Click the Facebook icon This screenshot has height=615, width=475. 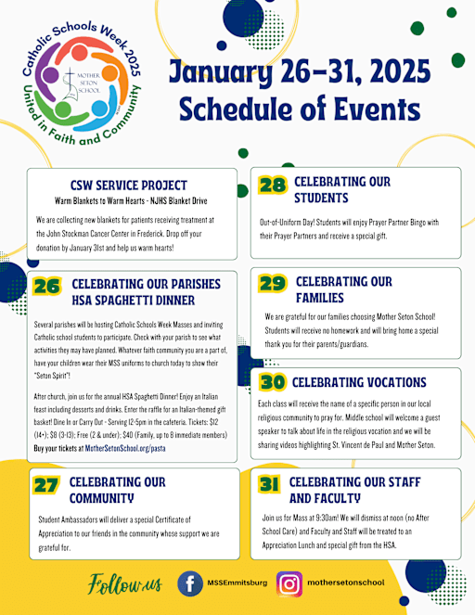tap(190, 584)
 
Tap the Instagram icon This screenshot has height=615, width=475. tap(290, 584)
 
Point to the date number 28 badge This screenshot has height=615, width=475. tap(273, 185)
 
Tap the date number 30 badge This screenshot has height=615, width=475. tap(272, 382)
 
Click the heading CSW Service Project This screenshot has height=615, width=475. tap(128, 185)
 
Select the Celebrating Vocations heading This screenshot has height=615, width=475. tap(359, 382)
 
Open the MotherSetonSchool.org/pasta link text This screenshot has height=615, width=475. tap(126, 447)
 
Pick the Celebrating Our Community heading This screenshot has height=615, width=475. tap(118, 489)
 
